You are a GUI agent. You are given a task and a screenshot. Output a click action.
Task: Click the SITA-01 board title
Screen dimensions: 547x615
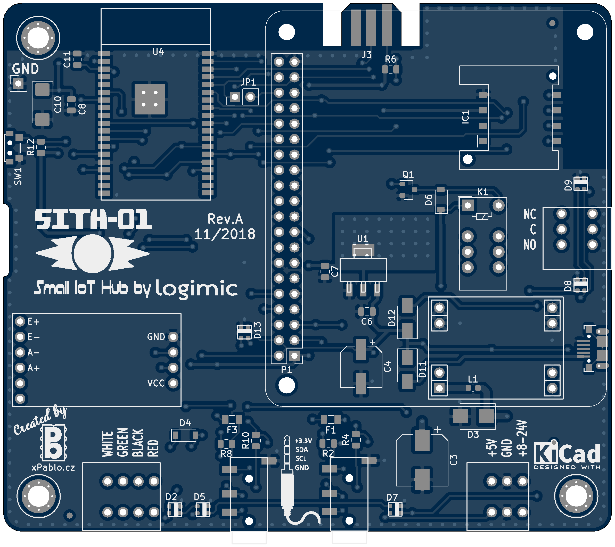click(93, 220)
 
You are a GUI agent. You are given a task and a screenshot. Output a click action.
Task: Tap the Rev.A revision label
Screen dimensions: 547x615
click(225, 219)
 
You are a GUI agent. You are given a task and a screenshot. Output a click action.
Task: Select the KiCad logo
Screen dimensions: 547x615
click(567, 454)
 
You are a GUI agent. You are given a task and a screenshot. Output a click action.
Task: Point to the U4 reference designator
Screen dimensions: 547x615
click(158, 52)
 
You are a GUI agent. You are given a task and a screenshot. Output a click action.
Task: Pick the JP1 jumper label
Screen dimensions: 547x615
click(248, 82)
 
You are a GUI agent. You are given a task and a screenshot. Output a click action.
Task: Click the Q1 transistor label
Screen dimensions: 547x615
click(408, 175)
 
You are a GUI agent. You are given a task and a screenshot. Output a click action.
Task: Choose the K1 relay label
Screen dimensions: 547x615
click(483, 192)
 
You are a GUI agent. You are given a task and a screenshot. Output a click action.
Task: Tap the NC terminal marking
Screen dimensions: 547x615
click(530, 214)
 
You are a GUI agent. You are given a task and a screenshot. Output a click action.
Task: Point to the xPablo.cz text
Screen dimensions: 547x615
click(53, 467)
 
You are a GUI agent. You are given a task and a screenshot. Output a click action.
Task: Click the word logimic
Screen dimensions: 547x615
click(196, 288)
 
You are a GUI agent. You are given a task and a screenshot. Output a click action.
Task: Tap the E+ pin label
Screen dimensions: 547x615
click(34, 322)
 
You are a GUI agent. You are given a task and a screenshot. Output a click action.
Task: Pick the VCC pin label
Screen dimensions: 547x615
click(156, 383)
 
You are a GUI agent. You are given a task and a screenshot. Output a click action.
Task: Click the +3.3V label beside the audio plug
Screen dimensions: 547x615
click(303, 441)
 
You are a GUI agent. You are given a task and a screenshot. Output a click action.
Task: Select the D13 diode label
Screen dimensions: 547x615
click(257, 330)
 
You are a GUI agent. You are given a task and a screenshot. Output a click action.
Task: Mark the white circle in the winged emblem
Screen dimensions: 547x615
click(92, 253)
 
